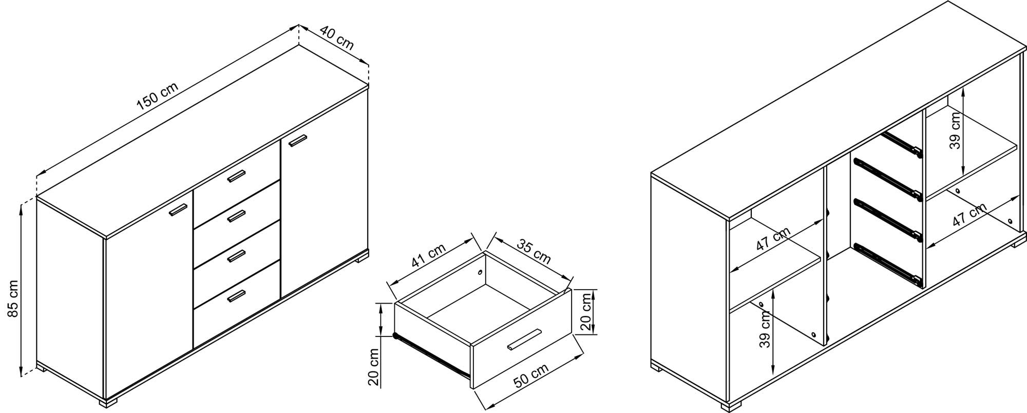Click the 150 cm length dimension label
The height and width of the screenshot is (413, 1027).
point(158,96)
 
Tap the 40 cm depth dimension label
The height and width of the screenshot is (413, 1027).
point(337,37)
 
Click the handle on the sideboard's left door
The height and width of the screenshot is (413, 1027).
point(178,210)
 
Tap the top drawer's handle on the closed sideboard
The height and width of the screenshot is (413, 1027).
point(237,176)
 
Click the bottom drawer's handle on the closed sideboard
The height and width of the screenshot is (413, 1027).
point(237,296)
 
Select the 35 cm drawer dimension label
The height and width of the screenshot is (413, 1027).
point(534,251)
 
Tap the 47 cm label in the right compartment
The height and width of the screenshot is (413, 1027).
point(969,215)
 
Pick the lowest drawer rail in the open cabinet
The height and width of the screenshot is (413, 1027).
point(888,264)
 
